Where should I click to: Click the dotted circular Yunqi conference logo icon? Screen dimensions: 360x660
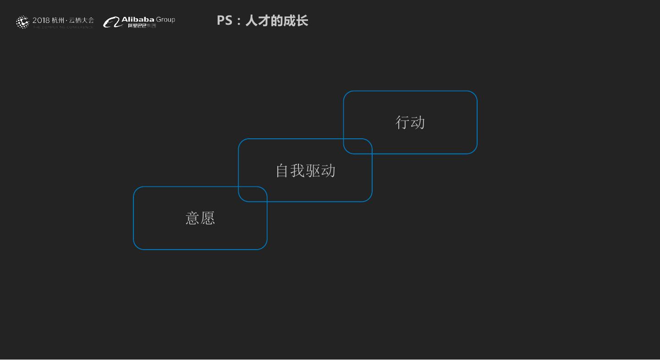pyautogui.click(x=22, y=22)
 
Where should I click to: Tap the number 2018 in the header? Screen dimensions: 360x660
pyautogui.click(x=41, y=21)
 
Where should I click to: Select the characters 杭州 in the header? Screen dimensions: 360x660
pyautogui.click(x=58, y=21)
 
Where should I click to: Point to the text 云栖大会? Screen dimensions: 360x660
pyautogui.click(x=81, y=21)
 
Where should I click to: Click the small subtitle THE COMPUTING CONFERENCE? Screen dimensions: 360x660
pyautogui.click(x=63, y=27)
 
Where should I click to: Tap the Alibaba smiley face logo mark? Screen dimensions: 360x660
pyautogui.click(x=111, y=22)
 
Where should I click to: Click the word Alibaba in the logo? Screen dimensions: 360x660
pyautogui.click(x=137, y=20)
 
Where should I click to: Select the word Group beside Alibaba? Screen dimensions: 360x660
pyautogui.click(x=165, y=20)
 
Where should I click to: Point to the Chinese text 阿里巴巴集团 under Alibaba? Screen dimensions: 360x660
pyautogui.click(x=142, y=26)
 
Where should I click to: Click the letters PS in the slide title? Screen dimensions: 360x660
pyautogui.click(x=225, y=21)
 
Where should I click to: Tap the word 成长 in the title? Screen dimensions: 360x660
pyautogui.click(x=298, y=21)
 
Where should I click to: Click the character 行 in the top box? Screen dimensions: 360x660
pyautogui.click(x=402, y=122)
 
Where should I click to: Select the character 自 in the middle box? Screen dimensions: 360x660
pyautogui.click(x=283, y=170)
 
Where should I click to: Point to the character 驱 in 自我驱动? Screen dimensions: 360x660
pyautogui.click(x=313, y=170)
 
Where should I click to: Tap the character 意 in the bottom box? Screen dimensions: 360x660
pyautogui.click(x=192, y=218)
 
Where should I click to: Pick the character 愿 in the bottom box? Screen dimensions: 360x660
pyautogui.click(x=208, y=218)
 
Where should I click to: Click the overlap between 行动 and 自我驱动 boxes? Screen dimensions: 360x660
pyautogui.click(x=357, y=146)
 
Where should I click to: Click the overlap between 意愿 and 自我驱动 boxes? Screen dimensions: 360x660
pyautogui.click(x=253, y=194)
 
